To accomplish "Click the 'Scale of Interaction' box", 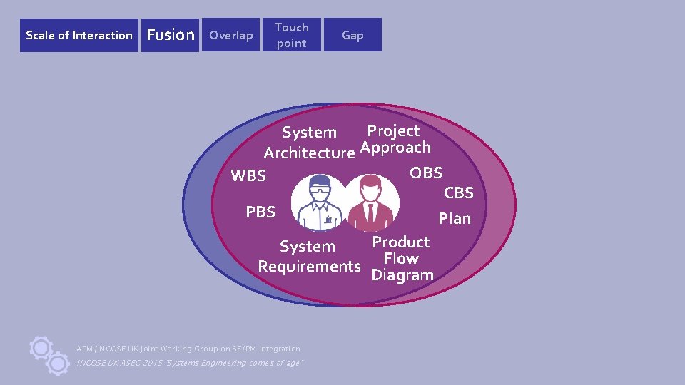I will (x=79, y=35).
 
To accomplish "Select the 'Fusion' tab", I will (x=170, y=35).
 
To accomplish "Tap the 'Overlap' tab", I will (x=230, y=35).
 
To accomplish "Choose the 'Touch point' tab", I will (x=292, y=35).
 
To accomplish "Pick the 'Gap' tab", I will (x=352, y=35).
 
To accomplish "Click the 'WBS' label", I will (x=248, y=175).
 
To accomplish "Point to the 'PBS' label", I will (x=260, y=212).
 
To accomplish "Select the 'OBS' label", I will (x=426, y=173).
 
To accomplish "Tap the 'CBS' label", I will (x=459, y=192).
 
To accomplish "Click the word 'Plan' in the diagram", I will (x=455, y=219).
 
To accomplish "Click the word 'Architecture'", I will (x=309, y=153).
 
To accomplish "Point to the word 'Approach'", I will (x=395, y=148).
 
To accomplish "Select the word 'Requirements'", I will (x=309, y=267).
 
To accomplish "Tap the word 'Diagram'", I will (x=402, y=275).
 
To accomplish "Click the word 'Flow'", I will (x=400, y=259).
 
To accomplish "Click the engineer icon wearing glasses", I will (x=321, y=205).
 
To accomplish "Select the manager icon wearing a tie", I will (x=370, y=204).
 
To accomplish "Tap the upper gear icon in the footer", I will (x=41, y=347).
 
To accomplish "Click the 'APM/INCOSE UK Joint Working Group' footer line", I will (x=188, y=349).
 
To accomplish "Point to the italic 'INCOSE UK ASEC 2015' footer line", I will (x=190, y=363).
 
